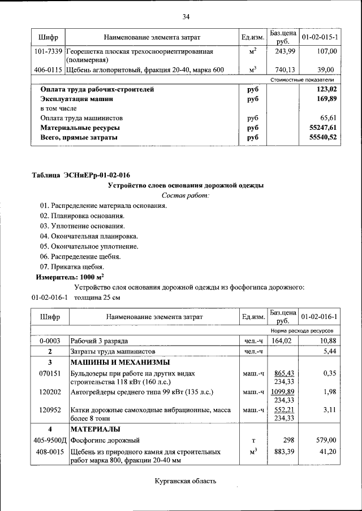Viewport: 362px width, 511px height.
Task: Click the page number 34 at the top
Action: (186, 16)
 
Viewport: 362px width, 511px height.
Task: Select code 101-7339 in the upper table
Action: (49, 51)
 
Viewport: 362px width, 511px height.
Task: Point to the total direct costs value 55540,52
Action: (323, 137)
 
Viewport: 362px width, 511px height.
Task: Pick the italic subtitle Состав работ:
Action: (186, 195)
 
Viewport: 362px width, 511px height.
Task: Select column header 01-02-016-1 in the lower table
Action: (320, 317)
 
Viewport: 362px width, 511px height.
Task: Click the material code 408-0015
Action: (49, 452)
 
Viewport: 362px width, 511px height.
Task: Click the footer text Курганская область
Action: (186, 482)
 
